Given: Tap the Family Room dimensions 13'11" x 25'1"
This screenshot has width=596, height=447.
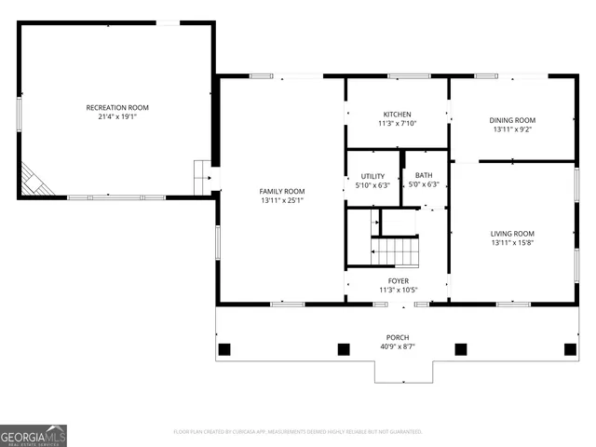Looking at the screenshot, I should point(282,200).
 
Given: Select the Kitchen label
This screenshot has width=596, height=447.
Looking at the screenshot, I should point(398,114).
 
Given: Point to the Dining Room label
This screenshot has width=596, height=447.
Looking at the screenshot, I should point(512,120).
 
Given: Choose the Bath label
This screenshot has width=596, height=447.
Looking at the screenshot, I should point(424,175).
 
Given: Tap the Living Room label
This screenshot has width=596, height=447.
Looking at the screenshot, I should point(512,234).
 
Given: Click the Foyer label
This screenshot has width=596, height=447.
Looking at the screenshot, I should point(398,280).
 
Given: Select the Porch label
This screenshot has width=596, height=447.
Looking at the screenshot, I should point(398,337).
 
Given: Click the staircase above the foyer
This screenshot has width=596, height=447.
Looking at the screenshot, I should point(395,251).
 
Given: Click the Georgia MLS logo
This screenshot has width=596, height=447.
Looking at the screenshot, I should point(34,435).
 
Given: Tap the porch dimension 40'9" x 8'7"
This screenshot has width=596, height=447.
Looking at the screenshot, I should point(398,346).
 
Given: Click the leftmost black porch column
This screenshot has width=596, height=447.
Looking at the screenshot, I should point(223,349).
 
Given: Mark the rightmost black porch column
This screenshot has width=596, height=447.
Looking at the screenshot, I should point(569,349).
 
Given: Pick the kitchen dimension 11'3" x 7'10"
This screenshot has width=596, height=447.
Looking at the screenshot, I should point(398,123).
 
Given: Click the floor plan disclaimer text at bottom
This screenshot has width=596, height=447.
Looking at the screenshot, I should point(298,431).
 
